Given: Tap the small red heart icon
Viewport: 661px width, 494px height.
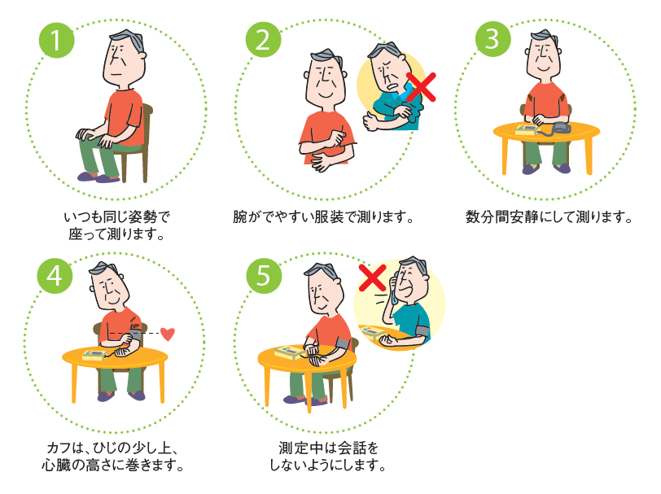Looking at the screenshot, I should [168, 333].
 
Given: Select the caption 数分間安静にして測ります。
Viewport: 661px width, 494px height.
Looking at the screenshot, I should [549, 217].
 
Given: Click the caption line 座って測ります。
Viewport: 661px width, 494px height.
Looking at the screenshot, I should [117, 234].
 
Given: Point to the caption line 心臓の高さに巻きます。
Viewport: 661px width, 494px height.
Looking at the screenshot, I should [112, 466].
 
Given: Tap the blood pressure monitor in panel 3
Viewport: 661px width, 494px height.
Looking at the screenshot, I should [526, 129].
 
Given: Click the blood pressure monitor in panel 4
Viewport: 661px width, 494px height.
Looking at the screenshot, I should [92, 355].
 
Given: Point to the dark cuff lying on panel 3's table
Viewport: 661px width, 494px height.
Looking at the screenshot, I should [562, 129].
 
